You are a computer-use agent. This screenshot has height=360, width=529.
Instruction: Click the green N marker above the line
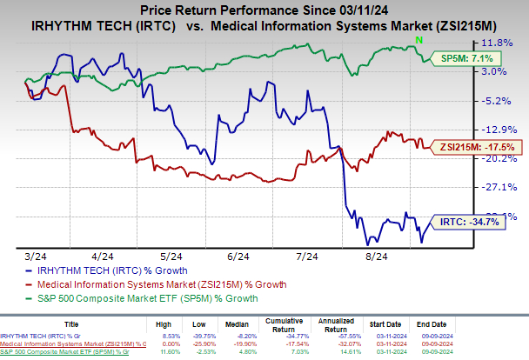click(420, 40)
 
